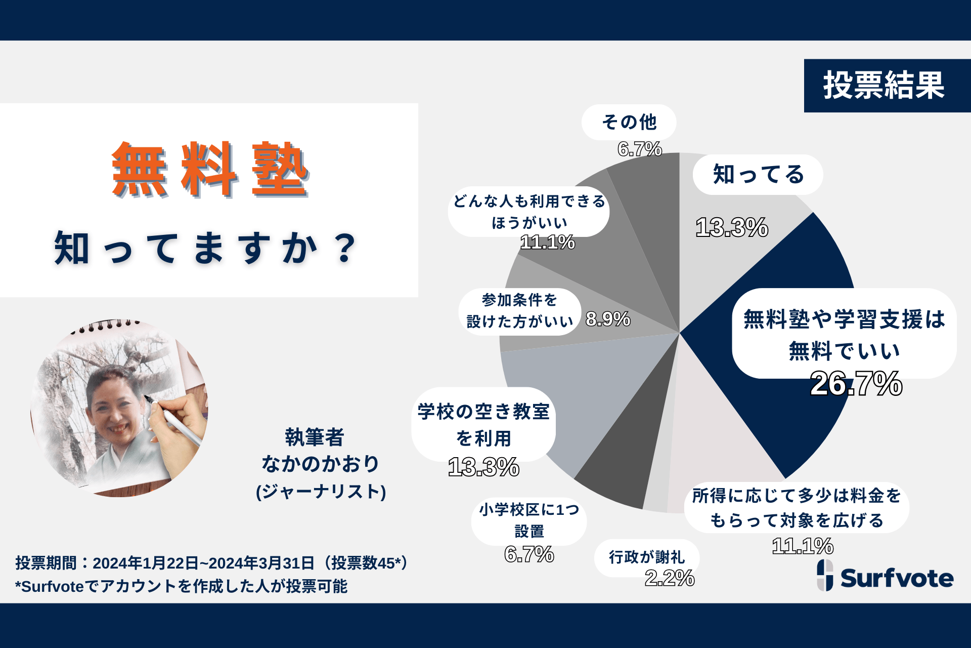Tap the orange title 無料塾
pos(210,170)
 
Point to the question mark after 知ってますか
pos(345,248)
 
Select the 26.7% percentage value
pos(856,384)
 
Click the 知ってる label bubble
pos(758,175)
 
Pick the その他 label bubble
pos(629,122)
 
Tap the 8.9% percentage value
pos(608,319)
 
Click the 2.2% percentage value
pos(669,578)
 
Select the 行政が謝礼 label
pos(646,557)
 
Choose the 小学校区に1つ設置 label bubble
pos(529,520)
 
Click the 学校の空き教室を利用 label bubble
pos(483,424)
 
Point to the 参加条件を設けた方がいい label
pos(519,311)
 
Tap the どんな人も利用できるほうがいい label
pos(529,212)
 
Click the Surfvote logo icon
pos(825,575)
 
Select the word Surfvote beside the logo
pos(897,578)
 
